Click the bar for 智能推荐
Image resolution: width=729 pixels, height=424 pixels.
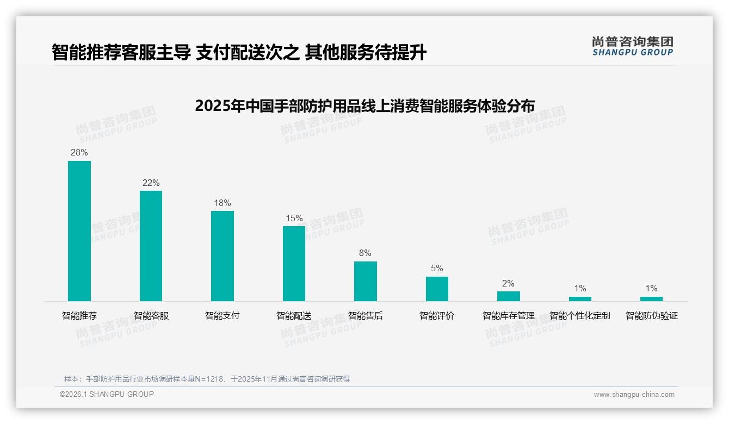coord(79,230)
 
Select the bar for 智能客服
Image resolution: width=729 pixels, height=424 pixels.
coord(151,246)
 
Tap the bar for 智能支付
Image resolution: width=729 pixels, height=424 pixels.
coord(223,255)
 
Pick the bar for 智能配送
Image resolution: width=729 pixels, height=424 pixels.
coord(294,263)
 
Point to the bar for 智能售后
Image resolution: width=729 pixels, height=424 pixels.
coord(365,281)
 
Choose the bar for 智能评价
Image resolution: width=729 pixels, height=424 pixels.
coord(437,289)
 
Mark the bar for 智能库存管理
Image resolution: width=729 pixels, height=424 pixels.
coord(508,296)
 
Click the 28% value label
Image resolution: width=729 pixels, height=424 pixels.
coord(79,153)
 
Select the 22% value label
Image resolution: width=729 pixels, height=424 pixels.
coord(151,183)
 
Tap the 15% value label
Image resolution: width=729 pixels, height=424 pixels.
coord(294,219)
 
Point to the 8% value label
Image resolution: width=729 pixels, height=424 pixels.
coord(365,253)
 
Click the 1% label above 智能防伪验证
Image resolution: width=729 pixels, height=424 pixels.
coord(651,289)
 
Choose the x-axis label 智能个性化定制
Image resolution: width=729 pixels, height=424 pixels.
coord(580,316)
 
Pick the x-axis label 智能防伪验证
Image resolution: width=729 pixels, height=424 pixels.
coord(651,316)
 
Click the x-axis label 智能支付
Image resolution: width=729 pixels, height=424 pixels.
coord(223,316)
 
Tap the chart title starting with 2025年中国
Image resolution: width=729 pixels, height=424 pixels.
coord(364,105)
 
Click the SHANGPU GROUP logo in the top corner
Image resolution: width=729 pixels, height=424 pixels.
coord(632,46)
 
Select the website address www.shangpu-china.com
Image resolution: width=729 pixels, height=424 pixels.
coord(634,395)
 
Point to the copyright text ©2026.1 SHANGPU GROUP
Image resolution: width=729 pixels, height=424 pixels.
coord(107,394)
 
